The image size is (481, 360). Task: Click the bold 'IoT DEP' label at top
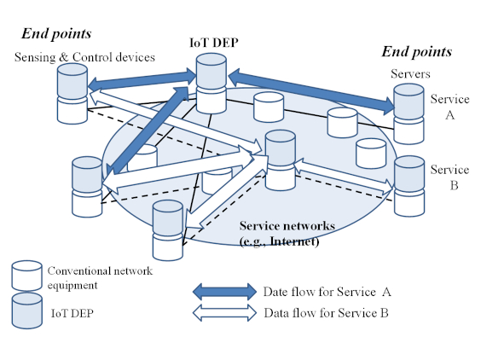click(x=214, y=43)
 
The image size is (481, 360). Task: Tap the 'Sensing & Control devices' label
click(x=84, y=57)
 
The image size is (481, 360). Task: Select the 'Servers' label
click(x=410, y=73)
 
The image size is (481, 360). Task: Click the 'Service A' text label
click(x=449, y=107)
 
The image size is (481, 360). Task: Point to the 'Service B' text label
click(x=449, y=177)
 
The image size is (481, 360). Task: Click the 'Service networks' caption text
click(x=287, y=226)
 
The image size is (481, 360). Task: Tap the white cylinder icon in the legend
click(x=26, y=276)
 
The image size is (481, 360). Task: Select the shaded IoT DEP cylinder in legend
click(x=27, y=311)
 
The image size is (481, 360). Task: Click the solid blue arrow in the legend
click(x=224, y=292)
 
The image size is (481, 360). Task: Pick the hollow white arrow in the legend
click(x=224, y=313)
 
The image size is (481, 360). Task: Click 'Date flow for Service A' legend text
click(x=327, y=292)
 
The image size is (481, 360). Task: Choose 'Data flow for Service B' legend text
click(x=327, y=313)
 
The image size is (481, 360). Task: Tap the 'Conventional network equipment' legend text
click(x=100, y=278)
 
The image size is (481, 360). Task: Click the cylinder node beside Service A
click(x=409, y=113)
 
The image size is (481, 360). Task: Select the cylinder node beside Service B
click(x=409, y=186)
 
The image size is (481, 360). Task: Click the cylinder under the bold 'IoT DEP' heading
click(x=212, y=84)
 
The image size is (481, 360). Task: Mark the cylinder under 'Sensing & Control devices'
click(x=72, y=94)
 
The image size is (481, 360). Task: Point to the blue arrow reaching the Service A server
click(x=311, y=92)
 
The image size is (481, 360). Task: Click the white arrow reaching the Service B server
click(x=343, y=177)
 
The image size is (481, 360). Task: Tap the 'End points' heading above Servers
click(x=416, y=51)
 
